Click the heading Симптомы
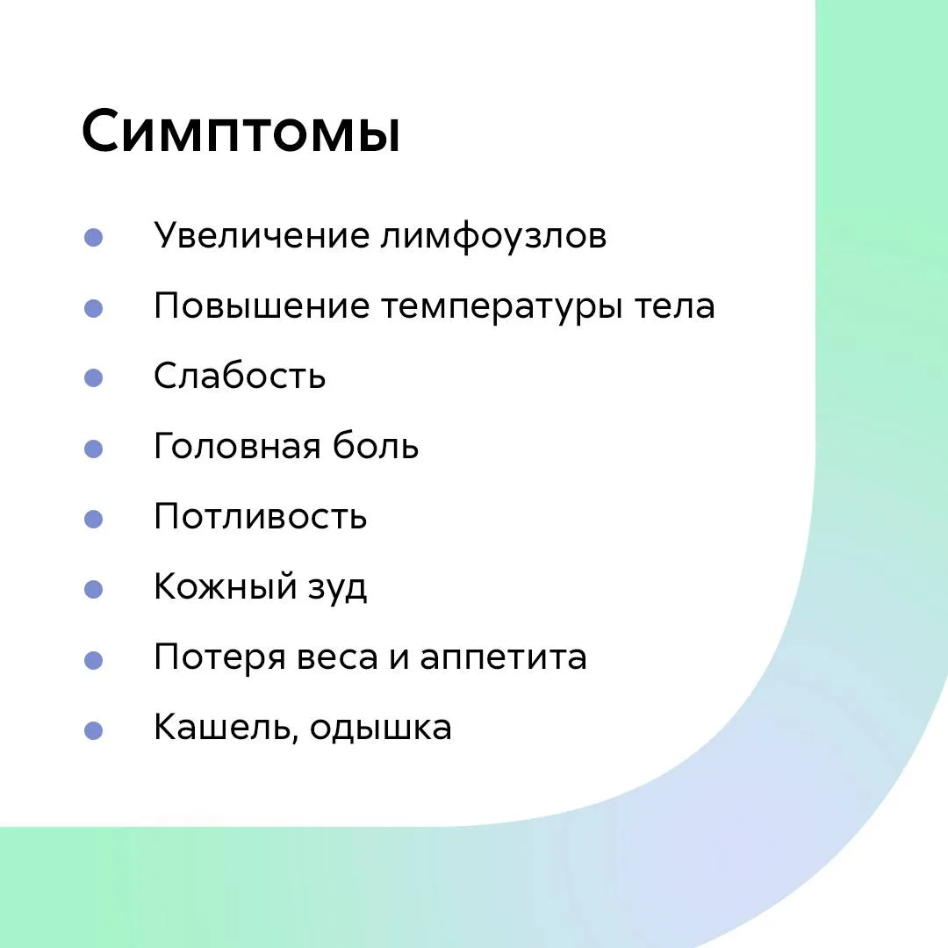tap(241, 131)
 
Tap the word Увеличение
tap(262, 236)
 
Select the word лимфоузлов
tap(493, 236)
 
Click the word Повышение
tap(262, 306)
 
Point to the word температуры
tap(501, 307)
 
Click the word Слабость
tap(240, 376)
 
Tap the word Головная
tap(236, 446)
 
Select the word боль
tap(375, 445)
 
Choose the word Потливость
tap(260, 517)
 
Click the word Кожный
tap(225, 587)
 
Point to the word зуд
tap(337, 588)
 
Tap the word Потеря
tap(219, 657)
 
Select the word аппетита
tap(503, 657)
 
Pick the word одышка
tap(380, 728)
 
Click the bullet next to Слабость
tap(93, 377)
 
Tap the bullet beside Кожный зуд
tap(93, 589)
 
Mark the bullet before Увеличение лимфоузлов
tap(93, 237)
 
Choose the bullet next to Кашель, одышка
tap(93, 730)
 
